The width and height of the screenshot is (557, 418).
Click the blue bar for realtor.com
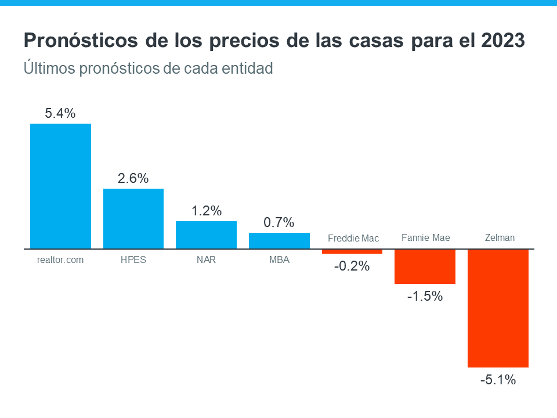[x=60, y=186]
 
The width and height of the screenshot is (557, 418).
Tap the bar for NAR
[x=206, y=235]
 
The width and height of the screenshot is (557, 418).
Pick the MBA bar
[x=279, y=241]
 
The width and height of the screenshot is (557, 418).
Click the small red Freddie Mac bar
[x=352, y=251]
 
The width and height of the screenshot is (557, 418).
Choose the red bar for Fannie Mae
[x=425, y=266]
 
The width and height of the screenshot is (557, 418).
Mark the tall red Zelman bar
[x=498, y=308]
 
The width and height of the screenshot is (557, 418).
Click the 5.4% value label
[x=60, y=114]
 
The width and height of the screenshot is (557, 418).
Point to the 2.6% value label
[x=133, y=179]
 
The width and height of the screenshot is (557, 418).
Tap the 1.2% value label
[x=207, y=211]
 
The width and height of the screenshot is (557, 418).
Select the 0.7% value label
[x=279, y=223]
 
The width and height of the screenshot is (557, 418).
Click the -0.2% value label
[x=352, y=266]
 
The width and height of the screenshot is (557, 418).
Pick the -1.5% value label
[x=425, y=297]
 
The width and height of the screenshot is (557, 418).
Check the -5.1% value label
[x=498, y=380]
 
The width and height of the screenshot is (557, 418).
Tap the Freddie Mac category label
[x=353, y=238]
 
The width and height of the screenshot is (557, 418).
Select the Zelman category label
[x=500, y=237]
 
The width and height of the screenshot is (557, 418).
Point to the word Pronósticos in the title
[x=77, y=41]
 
